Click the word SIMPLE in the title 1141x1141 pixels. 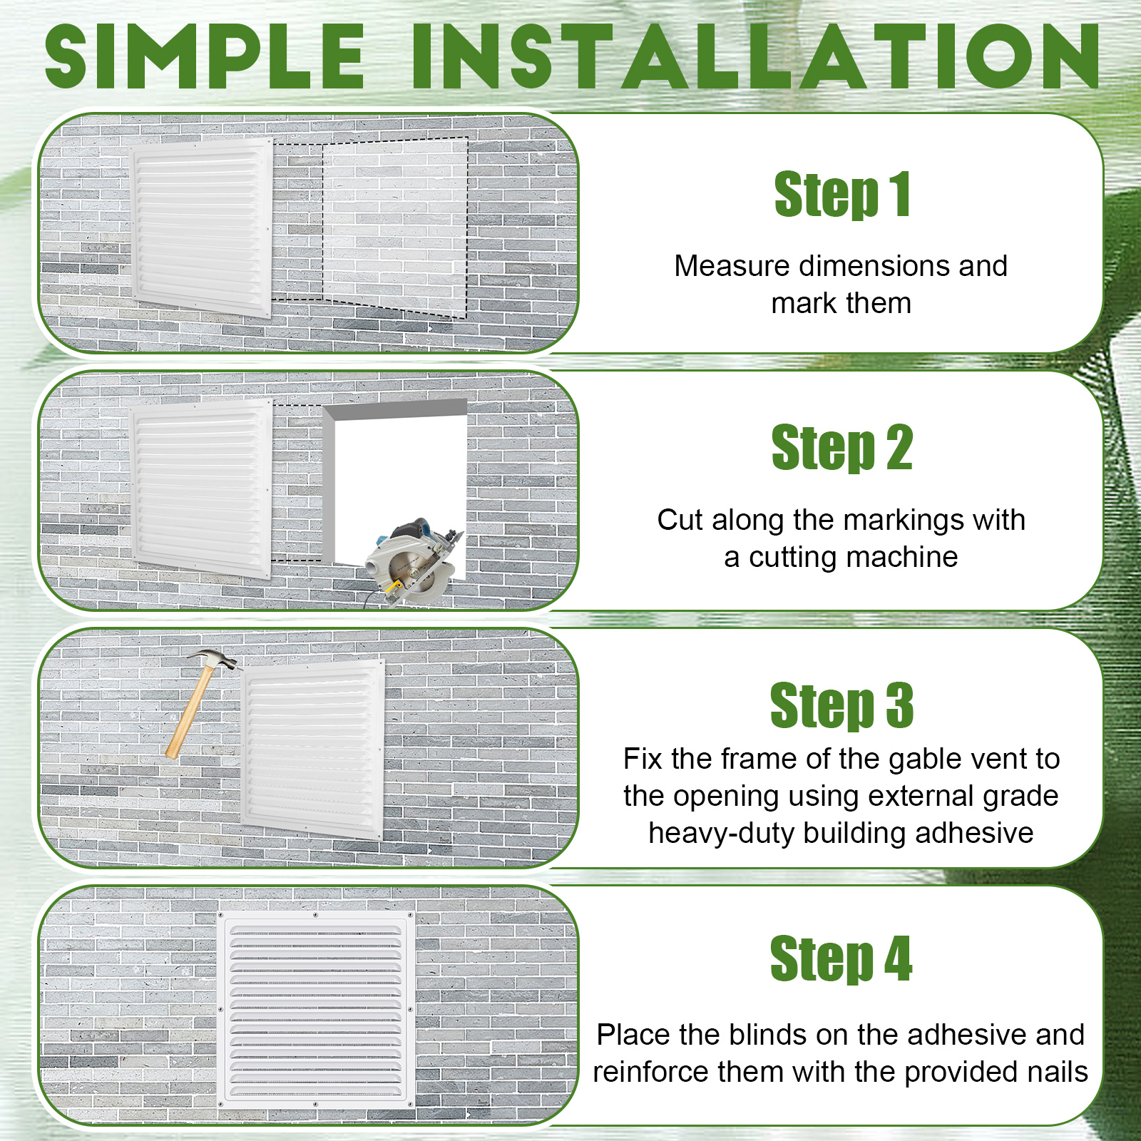point(205,56)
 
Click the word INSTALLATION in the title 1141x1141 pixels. point(757,56)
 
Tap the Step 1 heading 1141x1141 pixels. point(842,194)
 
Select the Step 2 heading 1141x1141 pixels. point(842,447)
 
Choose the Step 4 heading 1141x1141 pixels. point(841,958)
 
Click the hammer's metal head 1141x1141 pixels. point(215,660)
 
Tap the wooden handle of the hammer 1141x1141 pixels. point(188,713)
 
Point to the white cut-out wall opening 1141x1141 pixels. point(396,478)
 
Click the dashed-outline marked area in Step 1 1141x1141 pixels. point(396,227)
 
